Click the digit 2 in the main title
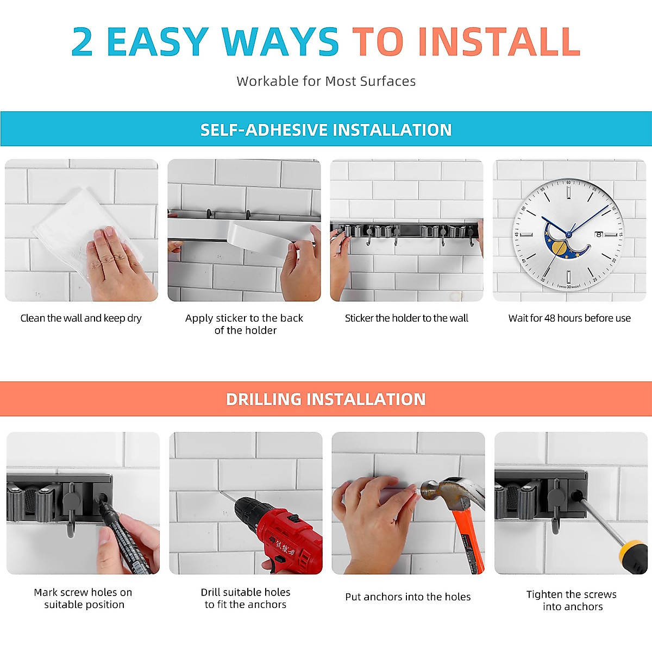[82, 42]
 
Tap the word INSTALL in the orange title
[499, 42]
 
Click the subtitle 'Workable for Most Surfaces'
[326, 81]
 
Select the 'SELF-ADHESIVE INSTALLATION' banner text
[326, 130]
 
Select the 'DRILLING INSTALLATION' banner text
[326, 399]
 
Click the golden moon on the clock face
[559, 249]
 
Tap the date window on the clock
[598, 234]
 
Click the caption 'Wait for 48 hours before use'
[569, 318]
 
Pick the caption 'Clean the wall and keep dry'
[81, 318]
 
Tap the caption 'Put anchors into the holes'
[407, 597]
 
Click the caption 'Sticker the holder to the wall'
[406, 318]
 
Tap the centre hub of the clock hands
[569, 234]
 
